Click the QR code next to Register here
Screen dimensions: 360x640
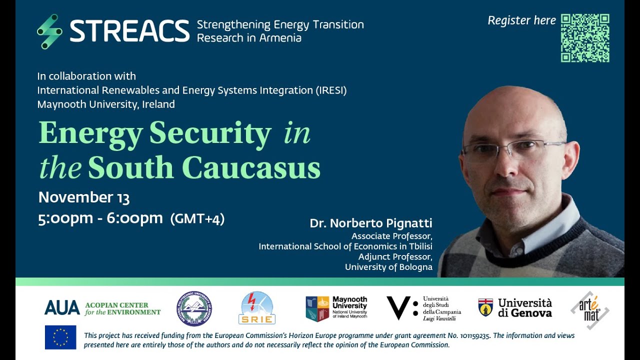[585, 38]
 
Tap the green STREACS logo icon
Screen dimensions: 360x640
[49, 31]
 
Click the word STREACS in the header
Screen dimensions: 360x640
[129, 31]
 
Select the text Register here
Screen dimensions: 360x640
[521, 20]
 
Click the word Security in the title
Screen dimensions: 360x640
[210, 133]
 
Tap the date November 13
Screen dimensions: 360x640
[84, 197]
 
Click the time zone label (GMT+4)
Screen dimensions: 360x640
[197, 219]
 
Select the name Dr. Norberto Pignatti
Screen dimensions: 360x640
[370, 223]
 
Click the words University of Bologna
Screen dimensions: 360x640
[388, 267]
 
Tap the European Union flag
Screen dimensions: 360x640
[60, 337]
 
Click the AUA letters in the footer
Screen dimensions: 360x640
[62, 307]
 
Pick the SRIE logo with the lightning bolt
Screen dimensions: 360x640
[257, 308]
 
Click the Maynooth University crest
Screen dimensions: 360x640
[317, 308]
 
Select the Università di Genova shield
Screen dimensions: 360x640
[485, 307]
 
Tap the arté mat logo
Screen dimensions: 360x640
[590, 310]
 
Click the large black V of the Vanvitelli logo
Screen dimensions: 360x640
[398, 307]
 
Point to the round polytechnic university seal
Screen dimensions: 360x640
[194, 308]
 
